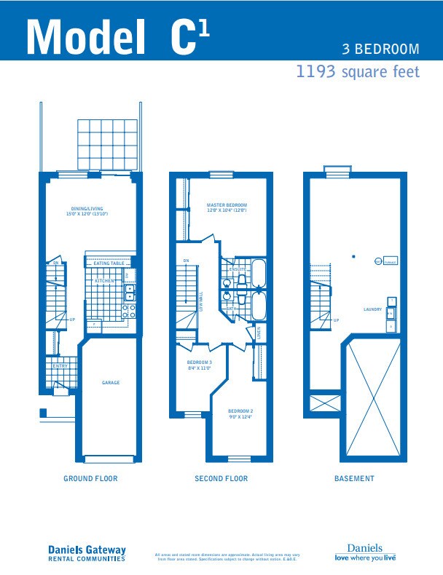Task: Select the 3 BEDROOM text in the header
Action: tap(381, 49)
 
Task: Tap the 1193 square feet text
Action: tap(357, 73)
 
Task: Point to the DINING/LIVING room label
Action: tap(87, 212)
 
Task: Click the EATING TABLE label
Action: tap(109, 263)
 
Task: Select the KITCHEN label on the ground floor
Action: tap(104, 280)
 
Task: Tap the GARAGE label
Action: tap(110, 383)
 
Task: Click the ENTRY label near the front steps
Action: tap(60, 366)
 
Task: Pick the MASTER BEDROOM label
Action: tap(227, 207)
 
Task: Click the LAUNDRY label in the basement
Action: tap(372, 310)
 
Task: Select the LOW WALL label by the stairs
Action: tap(202, 301)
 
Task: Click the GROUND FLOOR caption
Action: tap(90, 479)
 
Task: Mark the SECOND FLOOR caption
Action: tap(221, 479)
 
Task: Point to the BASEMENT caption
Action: tap(354, 479)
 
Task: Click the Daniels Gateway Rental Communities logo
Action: tap(87, 554)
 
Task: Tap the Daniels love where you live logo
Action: tap(364, 553)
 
